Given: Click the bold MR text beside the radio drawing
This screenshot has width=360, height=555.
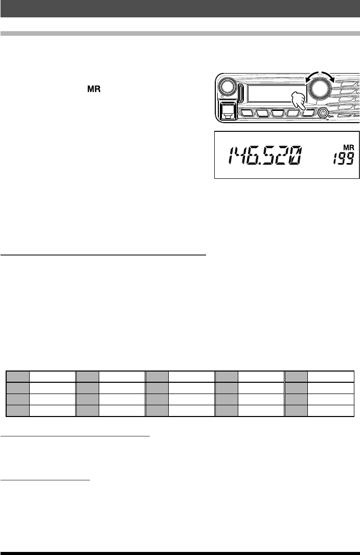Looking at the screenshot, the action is pyautogui.click(x=94, y=89).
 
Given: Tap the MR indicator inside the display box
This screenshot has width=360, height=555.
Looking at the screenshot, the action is pyautogui.click(x=349, y=148).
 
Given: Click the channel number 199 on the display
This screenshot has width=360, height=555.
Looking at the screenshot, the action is pyautogui.click(x=343, y=158).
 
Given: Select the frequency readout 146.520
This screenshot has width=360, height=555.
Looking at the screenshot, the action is pyautogui.click(x=265, y=156).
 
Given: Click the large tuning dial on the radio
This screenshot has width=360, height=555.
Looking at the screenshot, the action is pyautogui.click(x=320, y=88).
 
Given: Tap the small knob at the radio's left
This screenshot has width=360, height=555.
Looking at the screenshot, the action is pyautogui.click(x=227, y=87).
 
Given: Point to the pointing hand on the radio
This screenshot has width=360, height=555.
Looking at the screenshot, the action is pyautogui.click(x=297, y=101).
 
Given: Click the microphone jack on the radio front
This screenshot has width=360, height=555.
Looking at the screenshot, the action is pyautogui.click(x=227, y=111).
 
